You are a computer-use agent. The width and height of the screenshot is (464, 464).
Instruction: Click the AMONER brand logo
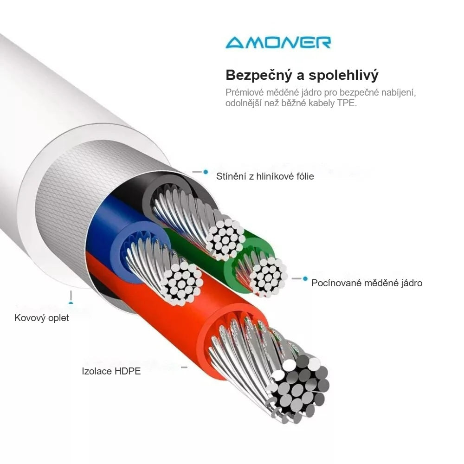click(278, 42)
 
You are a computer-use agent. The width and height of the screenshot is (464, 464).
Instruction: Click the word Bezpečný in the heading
click(259, 76)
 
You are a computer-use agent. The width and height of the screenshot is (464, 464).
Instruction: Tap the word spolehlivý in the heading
click(343, 76)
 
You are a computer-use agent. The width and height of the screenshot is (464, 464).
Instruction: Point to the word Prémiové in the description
click(245, 92)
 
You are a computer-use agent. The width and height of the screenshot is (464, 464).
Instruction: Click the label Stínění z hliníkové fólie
click(265, 176)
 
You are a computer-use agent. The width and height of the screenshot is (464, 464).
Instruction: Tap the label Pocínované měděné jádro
click(367, 283)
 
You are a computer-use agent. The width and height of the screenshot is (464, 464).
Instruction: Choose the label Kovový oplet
click(42, 318)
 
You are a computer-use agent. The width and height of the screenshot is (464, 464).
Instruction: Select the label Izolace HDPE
click(111, 371)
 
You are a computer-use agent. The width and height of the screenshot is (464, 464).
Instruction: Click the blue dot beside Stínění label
click(206, 172)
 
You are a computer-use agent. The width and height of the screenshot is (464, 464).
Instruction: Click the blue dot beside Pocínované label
click(305, 278)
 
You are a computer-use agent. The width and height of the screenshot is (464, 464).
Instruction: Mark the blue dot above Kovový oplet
click(71, 303)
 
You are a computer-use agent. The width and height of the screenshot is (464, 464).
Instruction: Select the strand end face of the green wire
click(268, 275)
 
